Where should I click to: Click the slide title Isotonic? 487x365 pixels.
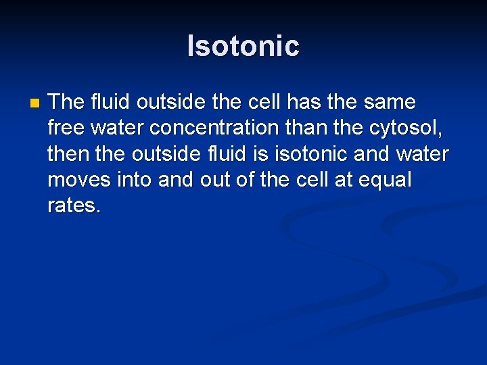pos(243,46)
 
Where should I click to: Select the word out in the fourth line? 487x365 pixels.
pos(219,179)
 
